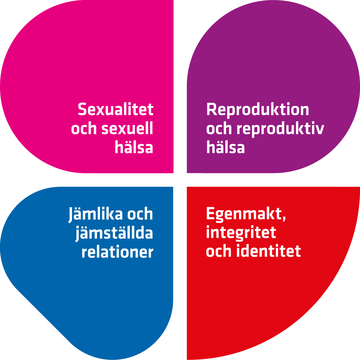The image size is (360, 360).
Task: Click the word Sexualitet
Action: (x=116, y=109)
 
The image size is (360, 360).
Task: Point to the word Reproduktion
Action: (x=258, y=109)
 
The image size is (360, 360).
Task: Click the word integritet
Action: (x=241, y=232)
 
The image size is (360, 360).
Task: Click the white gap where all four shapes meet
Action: (x=180, y=180)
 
